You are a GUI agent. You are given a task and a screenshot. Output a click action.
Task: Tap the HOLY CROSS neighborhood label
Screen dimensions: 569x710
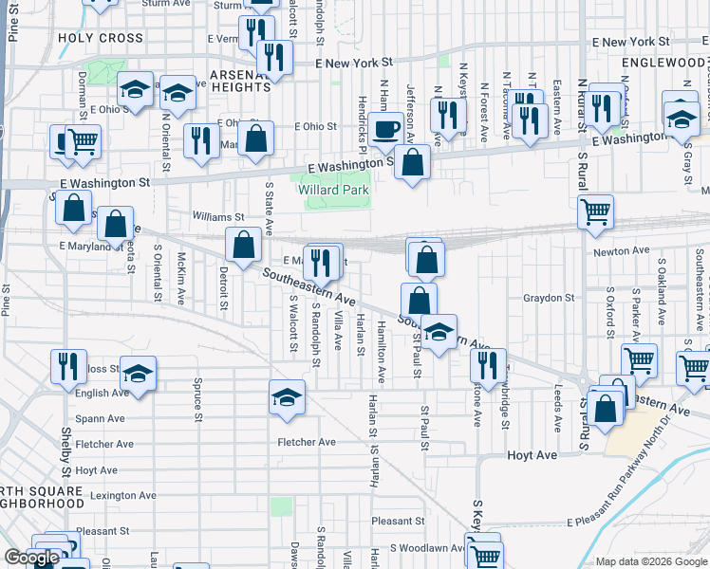point(101,39)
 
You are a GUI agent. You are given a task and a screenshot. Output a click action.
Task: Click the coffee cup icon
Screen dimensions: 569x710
point(385,129)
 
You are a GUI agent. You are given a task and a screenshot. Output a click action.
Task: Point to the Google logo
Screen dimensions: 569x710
point(31,558)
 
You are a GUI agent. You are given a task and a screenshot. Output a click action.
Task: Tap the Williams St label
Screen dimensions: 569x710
point(219,216)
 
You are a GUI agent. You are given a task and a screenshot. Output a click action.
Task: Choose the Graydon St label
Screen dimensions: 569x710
point(550,297)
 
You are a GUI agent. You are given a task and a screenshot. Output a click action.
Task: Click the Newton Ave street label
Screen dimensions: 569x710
point(622,250)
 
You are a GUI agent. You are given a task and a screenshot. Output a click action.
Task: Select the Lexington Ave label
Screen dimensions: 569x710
point(122,495)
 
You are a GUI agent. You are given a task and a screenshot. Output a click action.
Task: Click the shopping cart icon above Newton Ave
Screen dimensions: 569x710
point(595,212)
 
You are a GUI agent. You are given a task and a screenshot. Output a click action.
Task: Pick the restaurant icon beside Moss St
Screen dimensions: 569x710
point(66,365)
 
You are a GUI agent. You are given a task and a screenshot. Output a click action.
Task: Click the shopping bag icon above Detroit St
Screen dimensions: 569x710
point(244,245)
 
